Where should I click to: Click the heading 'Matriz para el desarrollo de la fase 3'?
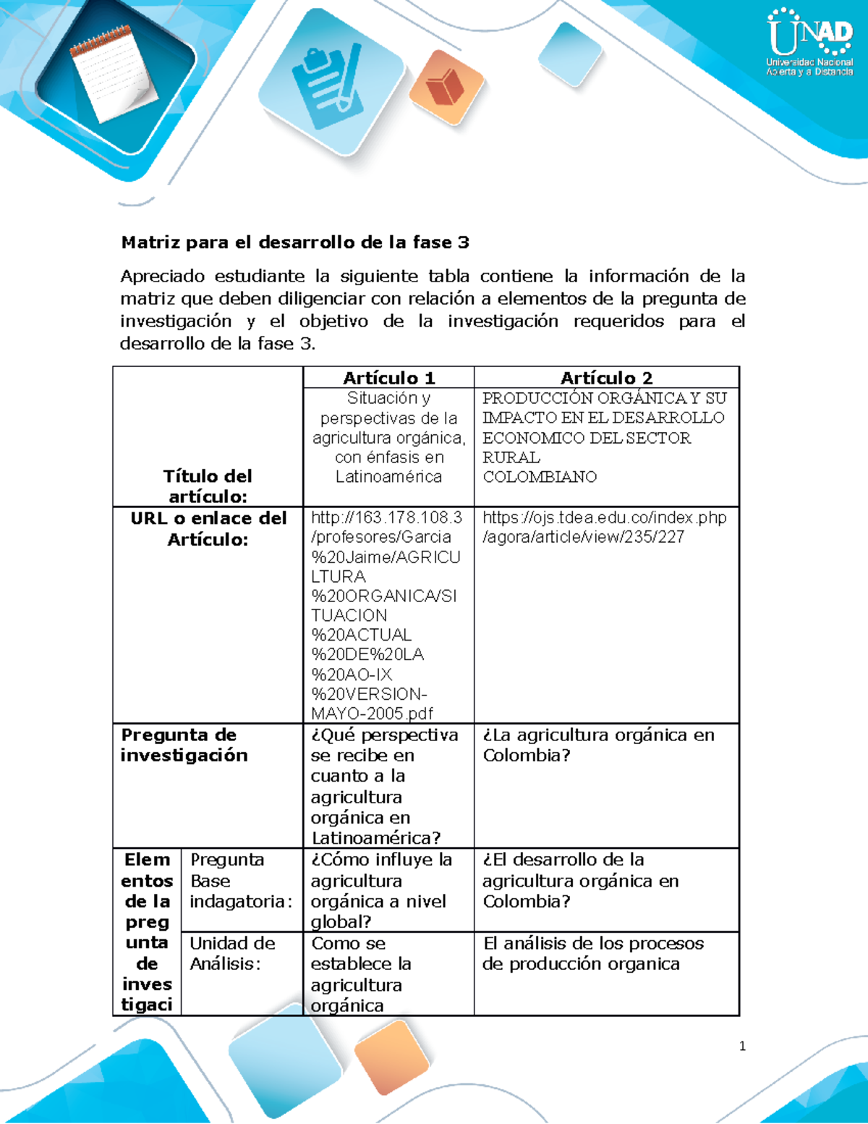pyautogui.click(x=295, y=242)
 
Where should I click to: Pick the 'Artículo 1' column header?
pyautogui.click(x=388, y=378)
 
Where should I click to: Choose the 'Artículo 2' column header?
pyautogui.click(x=606, y=378)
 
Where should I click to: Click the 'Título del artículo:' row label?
pyautogui.click(x=208, y=486)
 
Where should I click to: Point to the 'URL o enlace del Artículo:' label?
pyautogui.click(x=208, y=528)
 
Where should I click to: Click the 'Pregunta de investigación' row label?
pyautogui.click(x=184, y=745)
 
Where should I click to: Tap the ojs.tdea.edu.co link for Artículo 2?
pyautogui.click(x=604, y=527)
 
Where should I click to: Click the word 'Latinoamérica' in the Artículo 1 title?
pyautogui.click(x=388, y=477)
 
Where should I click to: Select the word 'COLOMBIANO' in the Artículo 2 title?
pyautogui.click(x=540, y=477)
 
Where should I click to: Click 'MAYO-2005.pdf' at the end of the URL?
pyautogui.click(x=372, y=714)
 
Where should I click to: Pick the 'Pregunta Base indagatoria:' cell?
pyautogui.click(x=241, y=881)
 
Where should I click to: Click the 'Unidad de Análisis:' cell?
pyautogui.click(x=232, y=953)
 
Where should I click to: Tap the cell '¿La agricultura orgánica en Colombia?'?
pyautogui.click(x=598, y=745)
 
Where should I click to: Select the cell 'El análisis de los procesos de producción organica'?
pyautogui.click(x=593, y=953)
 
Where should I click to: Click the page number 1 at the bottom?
pyautogui.click(x=742, y=1046)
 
